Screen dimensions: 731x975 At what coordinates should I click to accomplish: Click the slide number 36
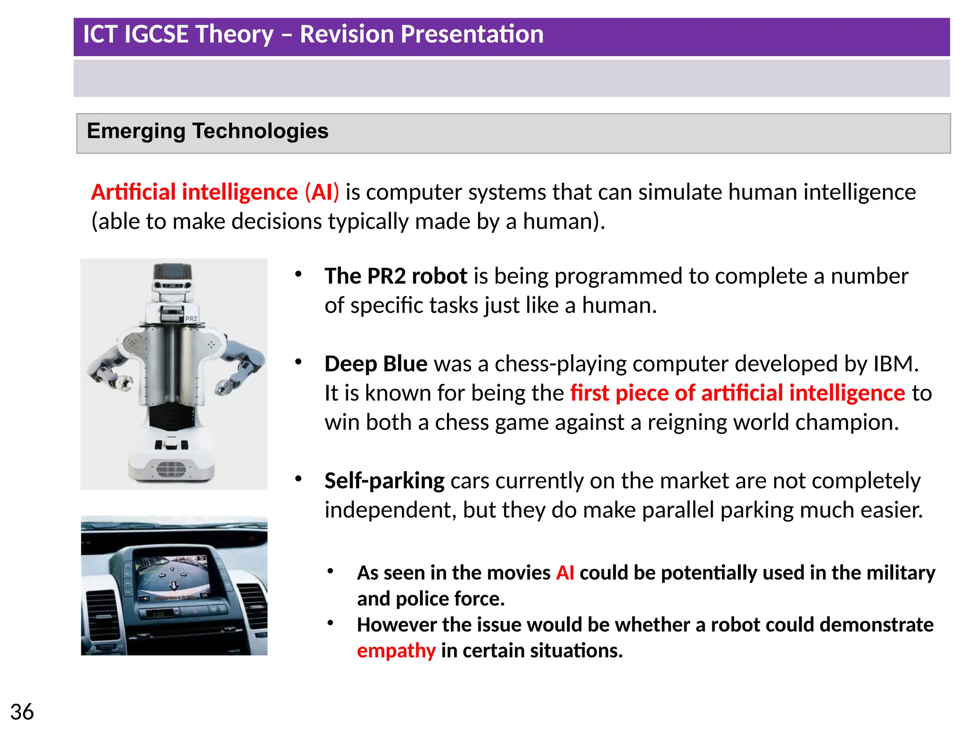[x=22, y=712]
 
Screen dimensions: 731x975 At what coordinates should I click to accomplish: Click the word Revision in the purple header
[x=348, y=34]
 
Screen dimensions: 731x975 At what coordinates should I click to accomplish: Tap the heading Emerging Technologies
[x=208, y=131]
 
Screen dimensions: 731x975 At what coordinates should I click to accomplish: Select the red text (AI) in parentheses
[x=322, y=192]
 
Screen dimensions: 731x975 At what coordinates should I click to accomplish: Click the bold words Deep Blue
[x=376, y=364]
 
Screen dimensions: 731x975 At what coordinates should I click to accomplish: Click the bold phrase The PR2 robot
[x=396, y=277]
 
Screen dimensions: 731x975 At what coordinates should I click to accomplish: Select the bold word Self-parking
[x=384, y=481]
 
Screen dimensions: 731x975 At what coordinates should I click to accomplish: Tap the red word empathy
[x=396, y=651]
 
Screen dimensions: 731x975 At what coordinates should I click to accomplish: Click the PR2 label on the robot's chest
[x=191, y=319]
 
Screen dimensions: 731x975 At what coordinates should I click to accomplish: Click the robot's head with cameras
[x=172, y=280]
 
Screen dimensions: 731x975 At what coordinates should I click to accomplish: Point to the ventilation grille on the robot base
[x=171, y=469]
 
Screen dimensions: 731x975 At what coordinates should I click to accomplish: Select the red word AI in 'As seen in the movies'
[x=565, y=573]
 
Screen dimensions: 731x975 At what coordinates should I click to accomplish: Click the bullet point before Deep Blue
[x=298, y=362]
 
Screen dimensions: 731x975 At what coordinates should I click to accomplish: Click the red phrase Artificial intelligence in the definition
[x=194, y=192]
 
